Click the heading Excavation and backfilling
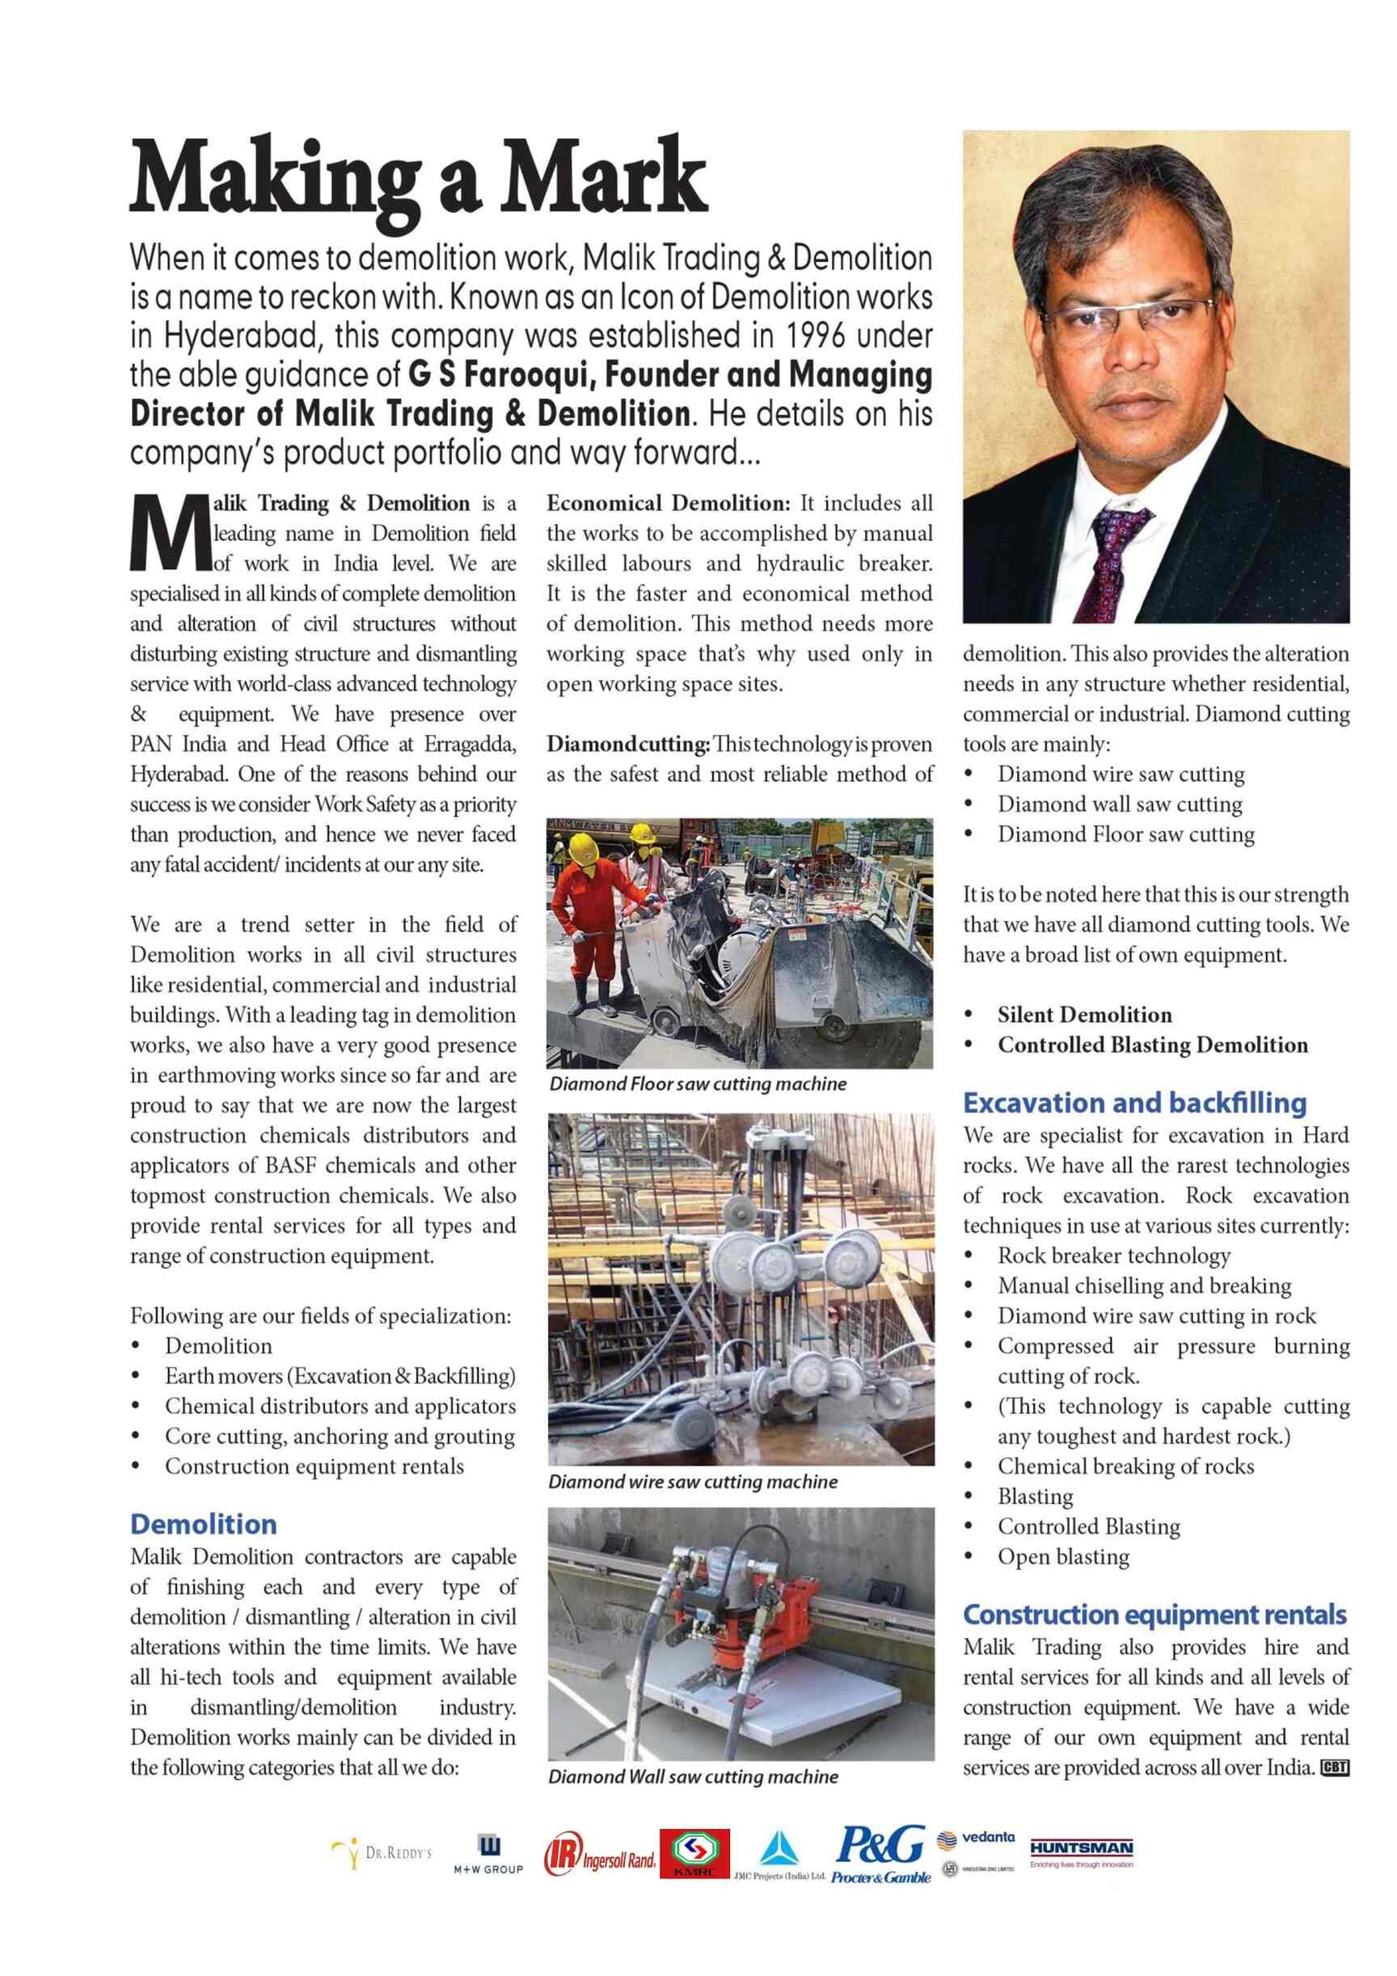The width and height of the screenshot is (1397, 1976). (x=1133, y=1103)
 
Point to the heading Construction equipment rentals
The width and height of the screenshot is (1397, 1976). (x=1154, y=1615)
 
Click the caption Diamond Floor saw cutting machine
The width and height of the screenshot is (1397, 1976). (x=697, y=1083)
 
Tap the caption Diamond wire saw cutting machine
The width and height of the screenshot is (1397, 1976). (x=692, y=1482)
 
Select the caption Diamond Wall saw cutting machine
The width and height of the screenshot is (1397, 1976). (x=692, y=1777)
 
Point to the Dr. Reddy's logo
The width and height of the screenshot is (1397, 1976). (x=382, y=1853)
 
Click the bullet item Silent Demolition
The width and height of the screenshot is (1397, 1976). (x=1083, y=1015)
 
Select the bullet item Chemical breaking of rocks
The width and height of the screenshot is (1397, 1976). (x=1125, y=1467)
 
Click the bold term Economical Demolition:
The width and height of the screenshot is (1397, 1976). (x=668, y=503)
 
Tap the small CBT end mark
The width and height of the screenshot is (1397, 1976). (x=1334, y=1768)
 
